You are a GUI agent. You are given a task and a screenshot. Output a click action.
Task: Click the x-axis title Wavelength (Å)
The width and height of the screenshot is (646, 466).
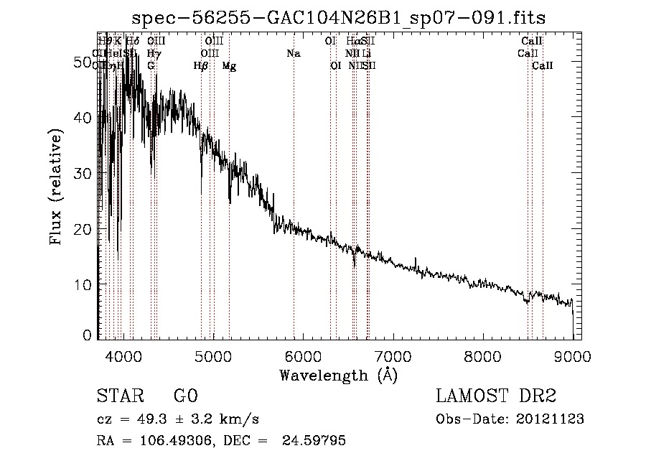point(338,375)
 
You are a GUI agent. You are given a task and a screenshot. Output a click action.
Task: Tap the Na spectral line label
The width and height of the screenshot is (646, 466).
point(293,53)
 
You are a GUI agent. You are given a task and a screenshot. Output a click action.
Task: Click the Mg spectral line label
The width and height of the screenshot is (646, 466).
point(229,66)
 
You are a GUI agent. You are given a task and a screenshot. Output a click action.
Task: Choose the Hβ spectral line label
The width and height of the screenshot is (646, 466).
point(201,66)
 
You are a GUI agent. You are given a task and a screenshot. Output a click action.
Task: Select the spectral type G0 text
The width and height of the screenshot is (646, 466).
point(185,396)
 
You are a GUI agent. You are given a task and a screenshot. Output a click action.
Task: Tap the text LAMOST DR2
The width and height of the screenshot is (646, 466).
point(495,396)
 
